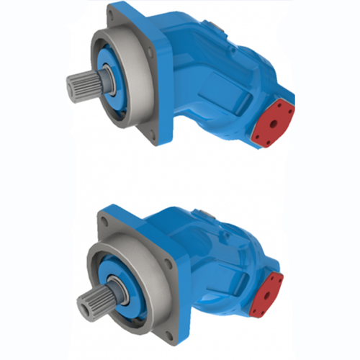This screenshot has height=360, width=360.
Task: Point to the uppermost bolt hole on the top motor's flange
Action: click(115, 15)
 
